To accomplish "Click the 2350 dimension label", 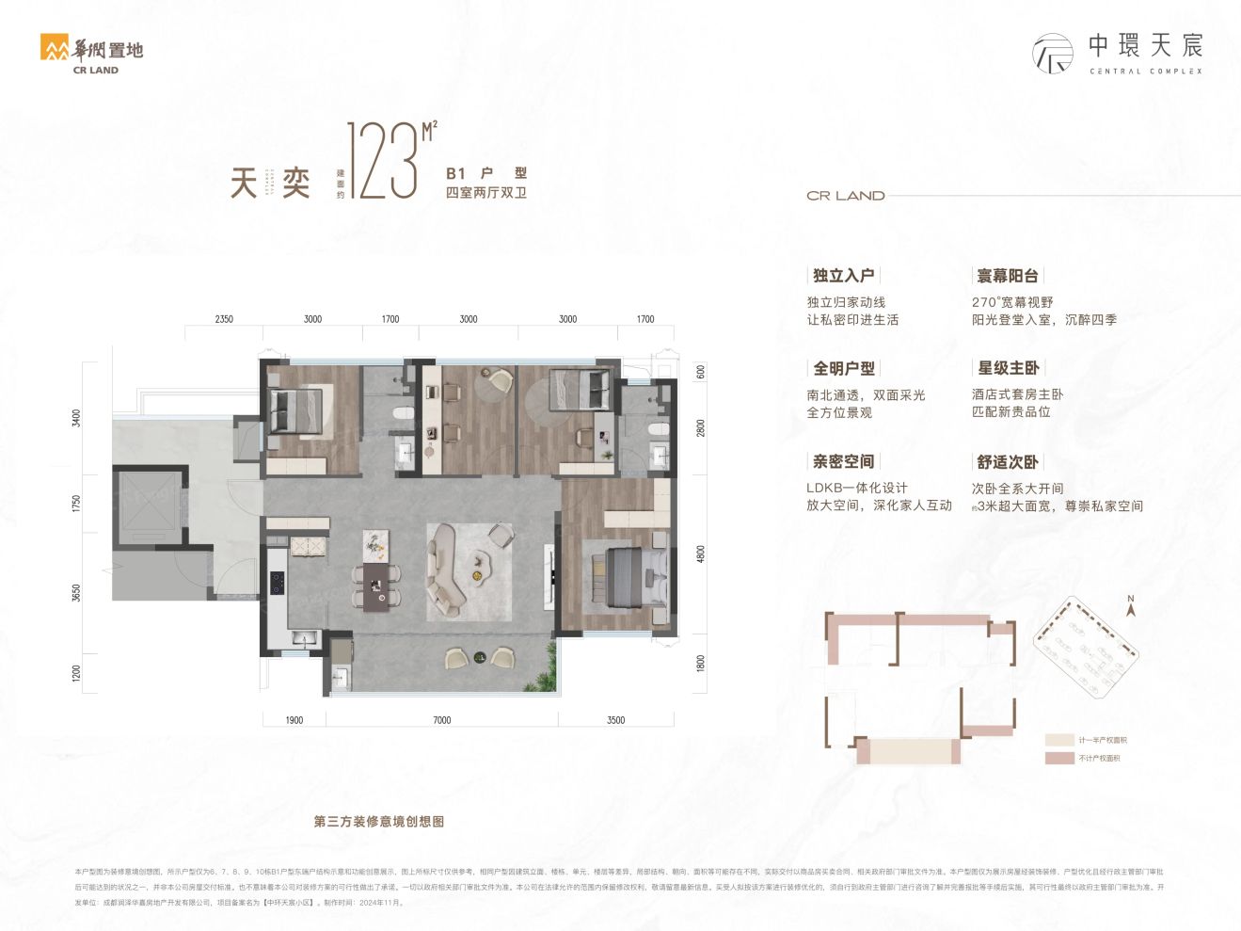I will tap(224, 319).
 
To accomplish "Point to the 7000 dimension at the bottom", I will tap(442, 720).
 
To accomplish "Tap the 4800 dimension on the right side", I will tap(700, 554).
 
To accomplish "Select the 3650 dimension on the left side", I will tap(76, 594).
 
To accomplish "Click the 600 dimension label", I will tap(700, 372).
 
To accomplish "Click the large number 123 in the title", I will tap(383, 161).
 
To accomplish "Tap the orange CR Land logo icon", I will tap(55, 48).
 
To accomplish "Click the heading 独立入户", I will tap(844, 276).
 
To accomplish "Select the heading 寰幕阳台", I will tap(1008, 276).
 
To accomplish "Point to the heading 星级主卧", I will tap(1008, 368).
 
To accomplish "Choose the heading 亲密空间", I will tap(844, 461).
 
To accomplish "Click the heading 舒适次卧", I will tap(1008, 461).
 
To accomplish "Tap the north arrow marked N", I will tap(1131, 606).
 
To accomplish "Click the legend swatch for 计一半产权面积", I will tap(1059, 740).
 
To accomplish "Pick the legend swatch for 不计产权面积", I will tap(1059, 758).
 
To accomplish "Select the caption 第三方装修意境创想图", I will tap(379, 822).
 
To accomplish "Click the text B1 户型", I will tap(486, 173).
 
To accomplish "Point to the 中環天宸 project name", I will tap(1145, 45).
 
